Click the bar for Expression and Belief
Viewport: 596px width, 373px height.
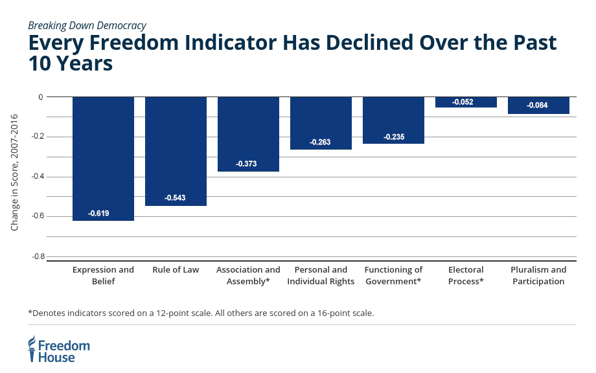[103, 159]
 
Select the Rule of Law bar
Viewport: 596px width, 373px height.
[176, 151]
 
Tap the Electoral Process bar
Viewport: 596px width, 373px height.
[466, 102]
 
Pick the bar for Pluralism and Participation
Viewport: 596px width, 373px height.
[538, 105]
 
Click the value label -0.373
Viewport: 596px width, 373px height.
[246, 164]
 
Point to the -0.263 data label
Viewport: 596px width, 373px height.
[320, 142]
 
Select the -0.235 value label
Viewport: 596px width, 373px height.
[394, 137]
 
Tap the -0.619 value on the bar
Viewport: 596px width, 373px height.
[98, 214]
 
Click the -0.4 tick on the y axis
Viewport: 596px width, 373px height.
[38, 176]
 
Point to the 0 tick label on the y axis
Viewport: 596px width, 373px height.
[41, 97]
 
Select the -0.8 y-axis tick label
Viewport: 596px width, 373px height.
[38, 256]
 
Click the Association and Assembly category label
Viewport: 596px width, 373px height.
[248, 275]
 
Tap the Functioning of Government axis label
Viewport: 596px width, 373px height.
[393, 275]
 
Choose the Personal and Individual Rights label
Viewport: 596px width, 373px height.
[321, 275]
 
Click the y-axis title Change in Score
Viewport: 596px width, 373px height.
[14, 172]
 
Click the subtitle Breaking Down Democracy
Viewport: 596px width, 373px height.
[87, 25]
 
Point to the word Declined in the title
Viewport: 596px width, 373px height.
[369, 42]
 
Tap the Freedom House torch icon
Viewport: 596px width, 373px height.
[32, 348]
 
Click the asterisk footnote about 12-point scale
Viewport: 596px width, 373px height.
[201, 313]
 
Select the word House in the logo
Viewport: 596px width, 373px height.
[56, 357]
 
